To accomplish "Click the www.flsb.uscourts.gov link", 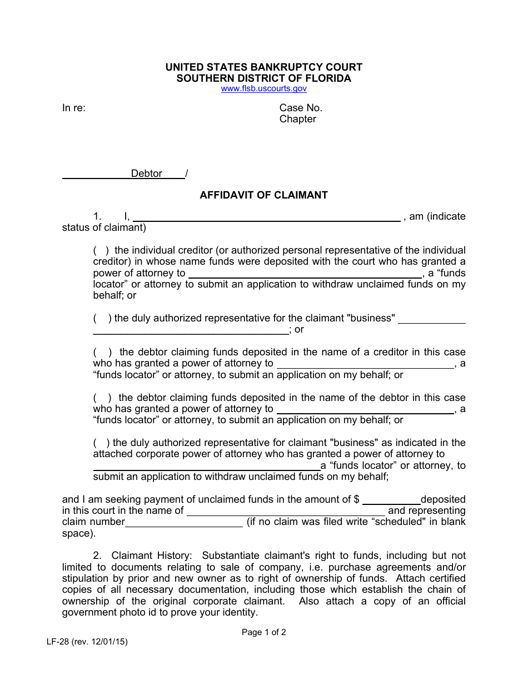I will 263,88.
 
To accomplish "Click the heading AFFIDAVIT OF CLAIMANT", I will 263,195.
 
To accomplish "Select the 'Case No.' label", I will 301,108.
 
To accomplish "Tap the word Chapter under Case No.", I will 297,119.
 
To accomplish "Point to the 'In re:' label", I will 74,108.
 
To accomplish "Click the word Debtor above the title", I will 146,174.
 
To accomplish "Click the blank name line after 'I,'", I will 266,217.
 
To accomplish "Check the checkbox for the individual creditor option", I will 101,250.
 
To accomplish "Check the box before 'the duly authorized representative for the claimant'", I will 101,318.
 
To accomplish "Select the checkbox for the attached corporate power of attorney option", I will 101,443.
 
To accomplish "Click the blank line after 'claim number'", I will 183,522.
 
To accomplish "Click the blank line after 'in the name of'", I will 286,511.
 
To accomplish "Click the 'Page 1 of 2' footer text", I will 263,632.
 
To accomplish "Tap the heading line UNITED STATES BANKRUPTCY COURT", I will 263,67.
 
